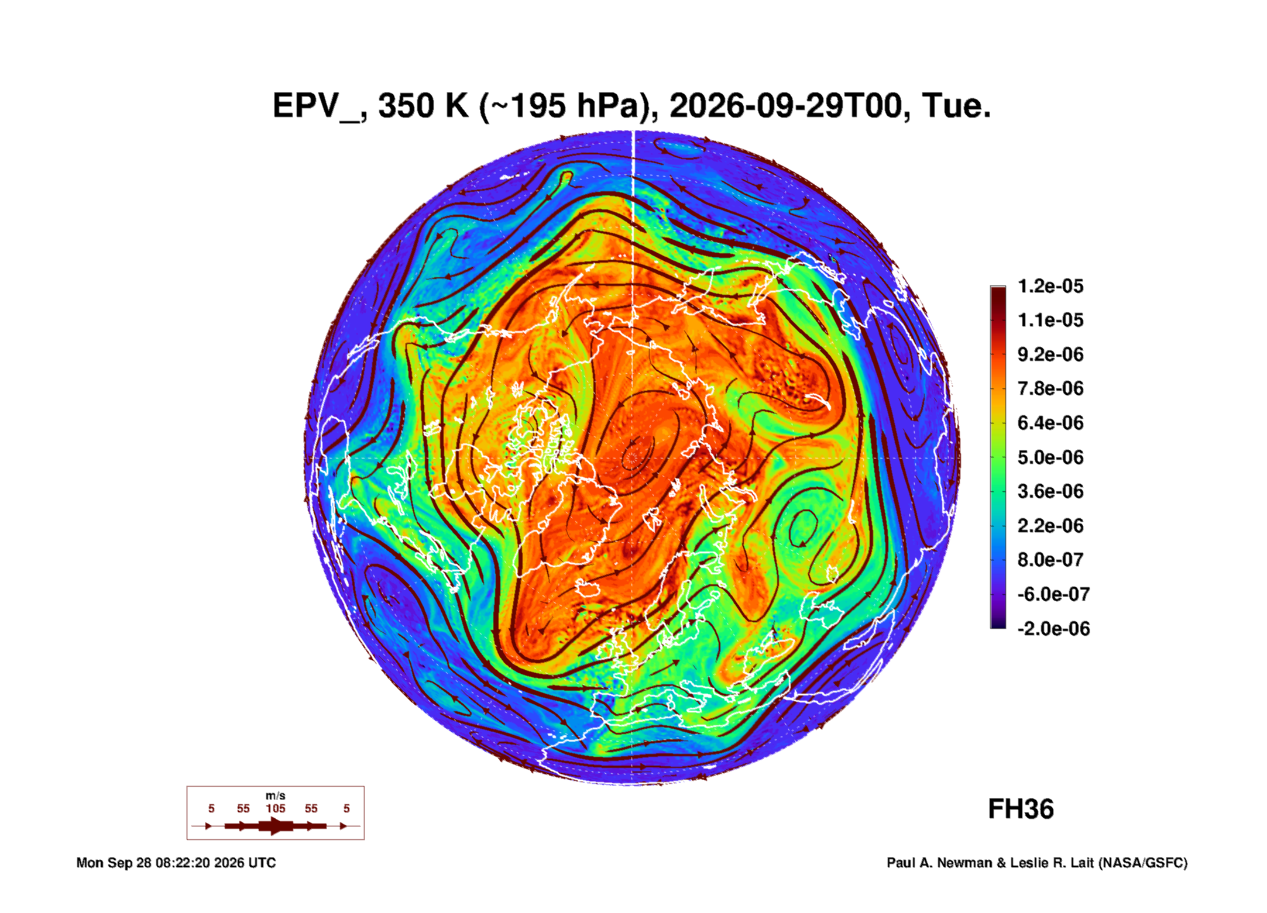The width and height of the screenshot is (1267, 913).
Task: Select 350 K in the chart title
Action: (424, 106)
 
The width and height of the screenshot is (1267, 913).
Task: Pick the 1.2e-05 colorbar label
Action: (1050, 286)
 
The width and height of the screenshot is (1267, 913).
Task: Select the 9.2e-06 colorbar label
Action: (1050, 354)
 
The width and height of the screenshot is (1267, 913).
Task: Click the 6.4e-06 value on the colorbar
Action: (1050, 423)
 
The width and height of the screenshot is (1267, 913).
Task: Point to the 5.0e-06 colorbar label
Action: (1050, 457)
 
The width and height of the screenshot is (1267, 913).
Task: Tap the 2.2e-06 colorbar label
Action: (1050, 526)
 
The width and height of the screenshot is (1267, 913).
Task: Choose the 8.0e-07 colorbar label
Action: (1050, 560)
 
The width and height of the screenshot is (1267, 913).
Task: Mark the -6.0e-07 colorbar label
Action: (1053, 594)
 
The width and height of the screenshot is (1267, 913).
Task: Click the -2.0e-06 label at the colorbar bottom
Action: (1053, 629)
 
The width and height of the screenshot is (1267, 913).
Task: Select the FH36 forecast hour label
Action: (1021, 809)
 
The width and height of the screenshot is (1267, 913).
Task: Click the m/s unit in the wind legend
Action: (276, 796)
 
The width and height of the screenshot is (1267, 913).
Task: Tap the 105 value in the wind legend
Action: (276, 809)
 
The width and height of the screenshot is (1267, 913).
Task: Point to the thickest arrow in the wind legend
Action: (276, 826)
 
